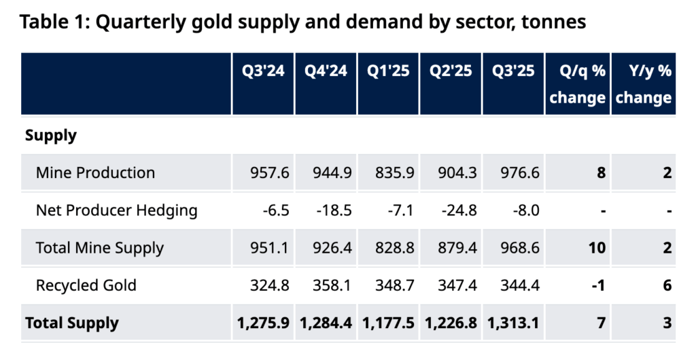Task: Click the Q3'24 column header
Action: click(263, 71)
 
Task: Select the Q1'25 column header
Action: click(388, 71)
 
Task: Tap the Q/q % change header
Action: click(577, 84)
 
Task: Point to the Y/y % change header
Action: click(643, 84)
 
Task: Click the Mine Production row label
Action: click(95, 173)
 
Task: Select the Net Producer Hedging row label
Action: click(116, 211)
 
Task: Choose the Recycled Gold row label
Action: click(86, 285)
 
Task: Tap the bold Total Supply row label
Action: click(71, 323)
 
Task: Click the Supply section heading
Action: click(50, 136)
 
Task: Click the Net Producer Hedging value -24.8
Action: click(457, 211)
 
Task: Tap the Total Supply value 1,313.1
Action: click(513, 323)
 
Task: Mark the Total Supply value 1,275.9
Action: click(264, 323)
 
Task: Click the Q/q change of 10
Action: click(597, 248)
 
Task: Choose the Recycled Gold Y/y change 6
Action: click(667, 285)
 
